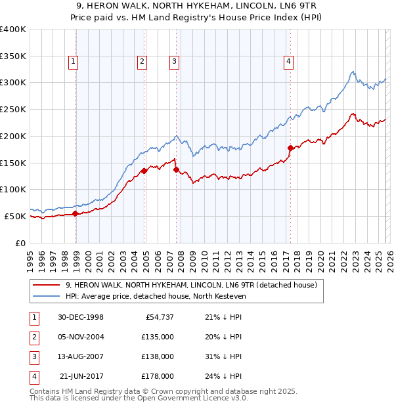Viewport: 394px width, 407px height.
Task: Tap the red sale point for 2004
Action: point(144,171)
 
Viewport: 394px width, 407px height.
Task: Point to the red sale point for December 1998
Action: point(76,213)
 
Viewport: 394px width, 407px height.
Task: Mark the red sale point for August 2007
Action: point(176,169)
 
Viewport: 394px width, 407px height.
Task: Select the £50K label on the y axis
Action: point(15,216)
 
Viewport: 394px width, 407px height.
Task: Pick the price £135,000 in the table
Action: point(158,337)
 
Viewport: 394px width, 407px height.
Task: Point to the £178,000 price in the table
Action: point(158,376)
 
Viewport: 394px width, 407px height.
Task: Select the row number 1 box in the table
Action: point(32,317)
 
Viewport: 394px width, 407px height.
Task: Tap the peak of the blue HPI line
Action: point(353,72)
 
